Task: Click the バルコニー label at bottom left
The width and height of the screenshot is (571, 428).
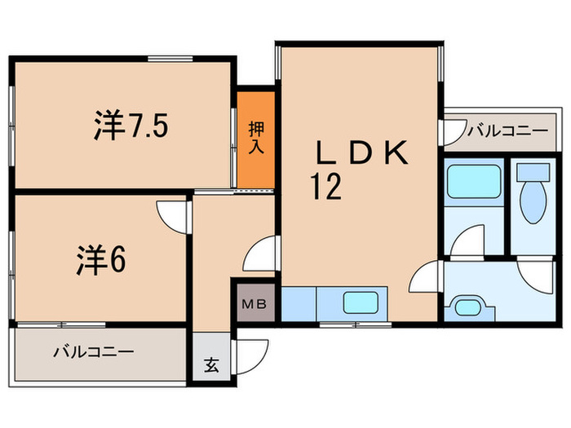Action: tap(93, 353)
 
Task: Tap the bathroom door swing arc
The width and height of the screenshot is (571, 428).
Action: tap(471, 242)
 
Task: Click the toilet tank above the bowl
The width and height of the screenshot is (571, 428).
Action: tap(534, 172)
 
